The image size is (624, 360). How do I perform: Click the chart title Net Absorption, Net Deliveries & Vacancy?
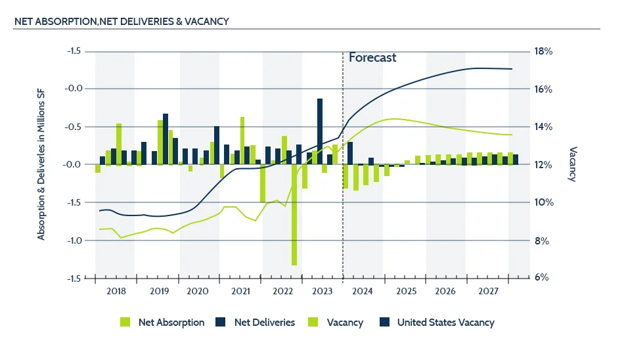point(122,21)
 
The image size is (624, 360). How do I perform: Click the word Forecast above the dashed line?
point(372,57)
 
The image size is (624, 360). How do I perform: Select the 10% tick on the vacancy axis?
point(543,202)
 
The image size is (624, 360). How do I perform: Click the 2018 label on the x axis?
point(116,291)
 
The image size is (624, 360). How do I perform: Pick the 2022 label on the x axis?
point(282,291)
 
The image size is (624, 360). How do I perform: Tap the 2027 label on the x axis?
point(488,291)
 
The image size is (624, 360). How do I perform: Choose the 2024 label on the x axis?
point(362,291)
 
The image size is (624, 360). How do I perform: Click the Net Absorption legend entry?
point(171,323)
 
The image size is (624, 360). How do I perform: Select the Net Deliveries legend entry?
point(265,323)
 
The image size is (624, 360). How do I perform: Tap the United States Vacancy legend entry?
point(445,323)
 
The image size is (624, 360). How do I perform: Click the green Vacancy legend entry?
point(345,323)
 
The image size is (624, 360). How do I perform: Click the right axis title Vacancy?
point(572,164)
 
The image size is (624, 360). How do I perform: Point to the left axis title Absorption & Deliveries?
point(41,164)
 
